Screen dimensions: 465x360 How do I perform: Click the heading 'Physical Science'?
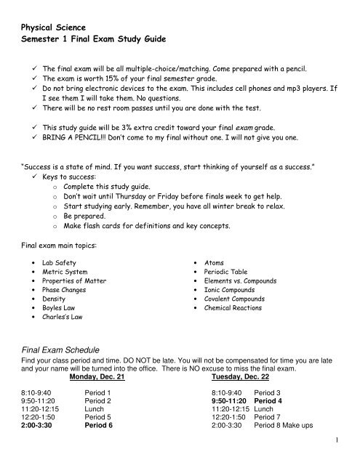(60, 31)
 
